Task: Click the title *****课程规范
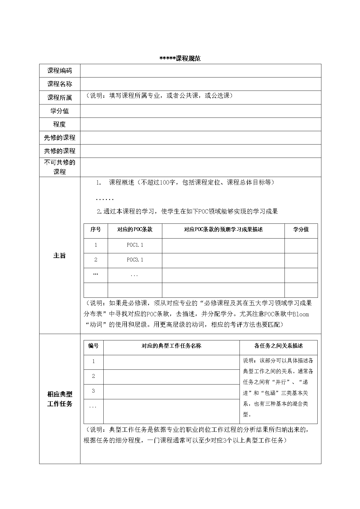tap(180, 58)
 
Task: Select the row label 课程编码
tap(60, 71)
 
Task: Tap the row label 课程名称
tap(60, 84)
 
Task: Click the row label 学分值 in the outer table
tap(60, 111)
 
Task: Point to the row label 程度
tap(60, 124)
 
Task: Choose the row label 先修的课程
tap(60, 138)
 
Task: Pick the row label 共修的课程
tap(60, 151)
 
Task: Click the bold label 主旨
tap(60, 255)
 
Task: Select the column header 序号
tap(96, 230)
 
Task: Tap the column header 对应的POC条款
tap(135, 230)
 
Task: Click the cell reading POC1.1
tap(135, 245)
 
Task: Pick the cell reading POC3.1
tap(135, 260)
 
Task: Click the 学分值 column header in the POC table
tap(301, 230)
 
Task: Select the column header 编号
tap(93, 346)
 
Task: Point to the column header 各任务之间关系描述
tap(278, 346)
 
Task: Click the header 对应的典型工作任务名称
tap(171, 346)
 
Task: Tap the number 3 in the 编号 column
tap(93, 391)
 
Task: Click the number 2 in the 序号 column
tap(96, 260)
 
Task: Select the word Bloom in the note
tap(300, 314)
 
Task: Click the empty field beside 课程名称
tap(200, 84)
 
